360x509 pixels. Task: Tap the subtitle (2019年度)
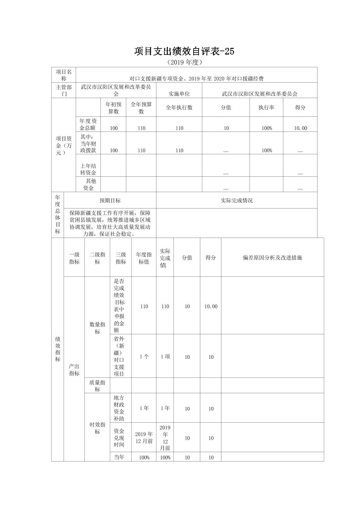pyautogui.click(x=184, y=62)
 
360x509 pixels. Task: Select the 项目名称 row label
pyautogui.click(x=64, y=75)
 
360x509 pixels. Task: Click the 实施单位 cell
pyautogui.click(x=179, y=94)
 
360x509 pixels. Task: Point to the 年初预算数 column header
pyautogui.click(x=114, y=108)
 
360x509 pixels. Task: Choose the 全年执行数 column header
pyautogui.click(x=179, y=108)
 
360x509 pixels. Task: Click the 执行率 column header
pyautogui.click(x=266, y=108)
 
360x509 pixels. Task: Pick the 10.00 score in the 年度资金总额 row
pyautogui.click(x=300, y=128)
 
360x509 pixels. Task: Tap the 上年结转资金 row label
pyautogui.click(x=88, y=169)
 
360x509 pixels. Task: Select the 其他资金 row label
pyautogui.click(x=88, y=184)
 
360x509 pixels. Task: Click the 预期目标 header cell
pyautogui.click(x=110, y=200)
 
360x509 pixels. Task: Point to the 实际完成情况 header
pyautogui.click(x=236, y=200)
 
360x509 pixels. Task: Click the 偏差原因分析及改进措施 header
pyautogui.click(x=272, y=258)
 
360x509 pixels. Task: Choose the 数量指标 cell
pyautogui.click(x=97, y=328)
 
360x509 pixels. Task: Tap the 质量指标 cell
pyautogui.click(x=97, y=386)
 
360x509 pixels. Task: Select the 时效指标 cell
pyautogui.click(x=97, y=428)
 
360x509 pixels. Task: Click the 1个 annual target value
pyautogui.click(x=144, y=357)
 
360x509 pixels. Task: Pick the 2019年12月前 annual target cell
pyautogui.click(x=144, y=438)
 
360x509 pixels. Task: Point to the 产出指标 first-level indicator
pyautogui.click(x=74, y=370)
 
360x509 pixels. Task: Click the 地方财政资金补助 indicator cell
pyautogui.click(x=119, y=408)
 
